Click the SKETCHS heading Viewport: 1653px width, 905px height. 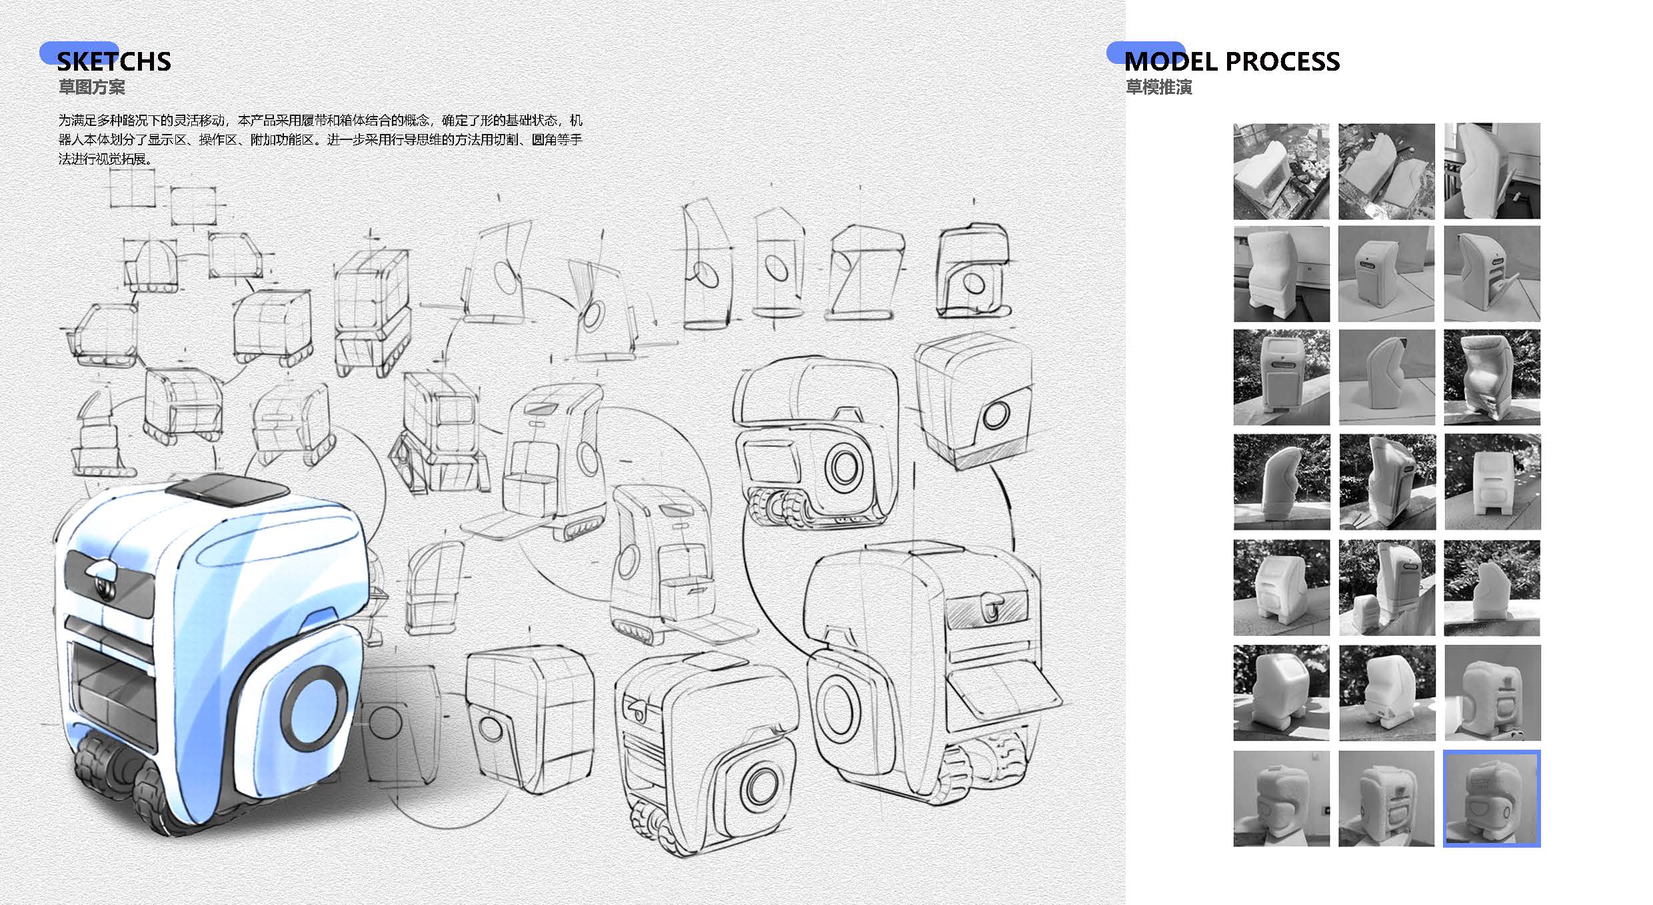coord(113,61)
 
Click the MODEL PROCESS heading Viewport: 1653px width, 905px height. coord(1232,61)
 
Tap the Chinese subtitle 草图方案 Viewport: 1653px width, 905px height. coord(92,87)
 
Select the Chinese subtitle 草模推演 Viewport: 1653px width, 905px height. coord(1159,87)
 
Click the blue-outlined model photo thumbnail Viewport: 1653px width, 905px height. coord(1492,798)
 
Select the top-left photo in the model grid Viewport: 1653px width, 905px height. coord(1281,171)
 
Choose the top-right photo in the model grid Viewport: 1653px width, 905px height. coord(1492,171)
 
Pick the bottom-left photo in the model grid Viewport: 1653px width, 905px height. coord(1281,798)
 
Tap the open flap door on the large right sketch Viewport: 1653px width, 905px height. coord(1003,693)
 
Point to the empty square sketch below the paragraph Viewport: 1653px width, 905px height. coord(132,188)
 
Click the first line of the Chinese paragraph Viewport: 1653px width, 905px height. coord(320,121)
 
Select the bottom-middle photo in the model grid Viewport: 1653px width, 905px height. coord(1386,798)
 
